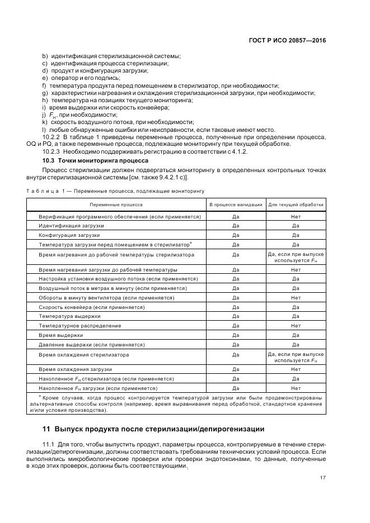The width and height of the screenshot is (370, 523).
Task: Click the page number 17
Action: point(323,477)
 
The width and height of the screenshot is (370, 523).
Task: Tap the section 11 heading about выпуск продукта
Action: point(153,429)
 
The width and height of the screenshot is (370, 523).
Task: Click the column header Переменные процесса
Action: point(116,205)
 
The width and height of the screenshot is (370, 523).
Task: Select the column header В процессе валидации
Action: point(236,205)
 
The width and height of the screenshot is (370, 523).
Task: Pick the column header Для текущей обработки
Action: point(296,205)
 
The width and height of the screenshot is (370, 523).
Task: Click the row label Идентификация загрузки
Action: point(71,225)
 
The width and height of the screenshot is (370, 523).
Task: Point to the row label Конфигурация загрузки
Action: point(69,235)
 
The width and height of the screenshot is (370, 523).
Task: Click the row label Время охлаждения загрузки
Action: point(76,369)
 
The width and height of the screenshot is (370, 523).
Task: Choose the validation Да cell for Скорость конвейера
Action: point(236,307)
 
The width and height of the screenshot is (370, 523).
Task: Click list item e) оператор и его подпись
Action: point(82,78)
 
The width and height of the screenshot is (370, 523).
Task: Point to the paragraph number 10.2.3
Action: point(52,151)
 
